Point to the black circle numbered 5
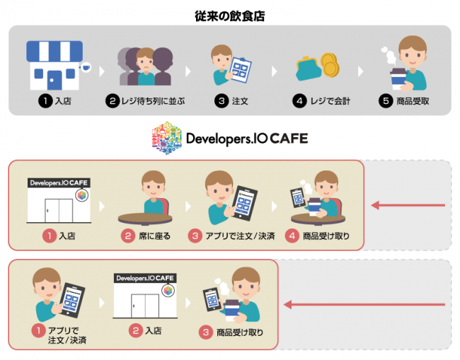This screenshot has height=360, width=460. click(384, 100)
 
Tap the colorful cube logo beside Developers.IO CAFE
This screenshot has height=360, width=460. click(167, 138)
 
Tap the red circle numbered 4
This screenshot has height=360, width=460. click(289, 236)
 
